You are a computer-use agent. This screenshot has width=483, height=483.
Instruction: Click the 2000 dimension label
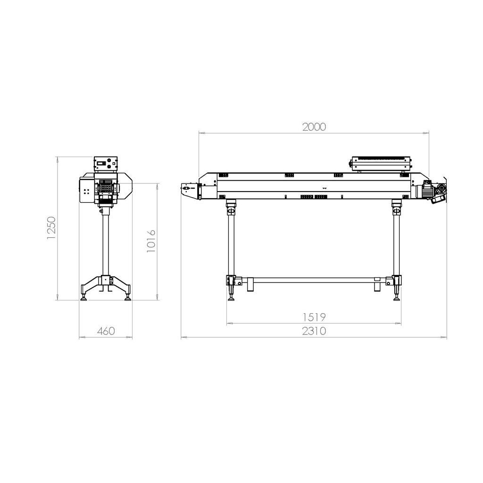click(x=314, y=127)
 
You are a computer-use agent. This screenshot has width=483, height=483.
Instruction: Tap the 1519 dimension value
click(x=314, y=317)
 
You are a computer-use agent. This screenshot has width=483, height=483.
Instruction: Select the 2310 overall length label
click(x=314, y=331)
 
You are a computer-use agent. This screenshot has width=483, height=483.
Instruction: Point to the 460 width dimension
click(x=106, y=331)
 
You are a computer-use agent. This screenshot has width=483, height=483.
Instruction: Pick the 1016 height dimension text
click(x=151, y=241)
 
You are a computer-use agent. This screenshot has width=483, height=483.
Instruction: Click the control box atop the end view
click(x=106, y=163)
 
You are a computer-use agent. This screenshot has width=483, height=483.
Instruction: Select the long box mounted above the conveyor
click(x=381, y=163)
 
